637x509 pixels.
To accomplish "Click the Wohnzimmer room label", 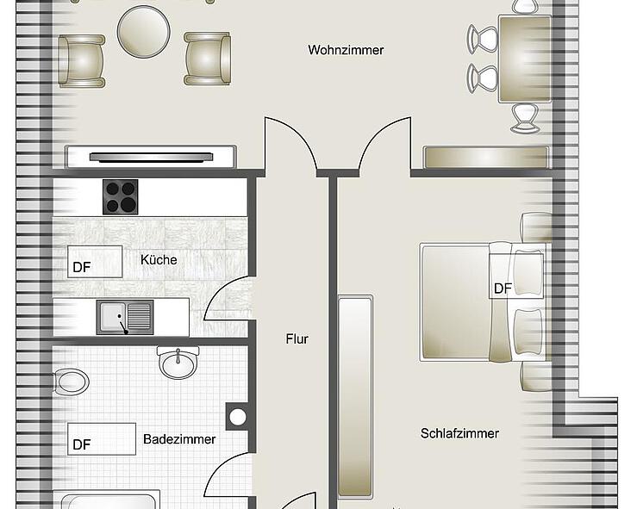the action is click(x=346, y=50).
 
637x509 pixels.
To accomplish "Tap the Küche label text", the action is click(x=159, y=259).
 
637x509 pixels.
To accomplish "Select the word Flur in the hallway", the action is click(x=297, y=338).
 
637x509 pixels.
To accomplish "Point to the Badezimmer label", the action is click(x=179, y=438).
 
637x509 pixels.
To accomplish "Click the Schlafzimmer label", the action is click(x=459, y=433).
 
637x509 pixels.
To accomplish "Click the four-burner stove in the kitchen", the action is click(x=121, y=197).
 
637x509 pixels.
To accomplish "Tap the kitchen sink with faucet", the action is click(x=125, y=317).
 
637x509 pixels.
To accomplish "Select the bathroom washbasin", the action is click(x=178, y=362).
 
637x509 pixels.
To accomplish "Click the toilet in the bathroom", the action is click(x=72, y=382).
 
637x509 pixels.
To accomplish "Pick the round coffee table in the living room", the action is click(x=143, y=32).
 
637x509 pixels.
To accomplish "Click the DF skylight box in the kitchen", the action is click(x=95, y=262).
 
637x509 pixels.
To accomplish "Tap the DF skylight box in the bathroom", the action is click(x=102, y=438).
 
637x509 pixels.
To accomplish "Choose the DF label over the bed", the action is click(x=503, y=289).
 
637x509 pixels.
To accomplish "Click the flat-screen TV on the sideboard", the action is click(x=151, y=157).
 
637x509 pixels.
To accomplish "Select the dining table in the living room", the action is click(x=525, y=59).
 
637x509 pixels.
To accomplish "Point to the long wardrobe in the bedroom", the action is click(x=355, y=396).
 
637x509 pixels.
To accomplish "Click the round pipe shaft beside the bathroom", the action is click(x=237, y=417).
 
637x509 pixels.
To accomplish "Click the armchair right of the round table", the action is click(x=208, y=59).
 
